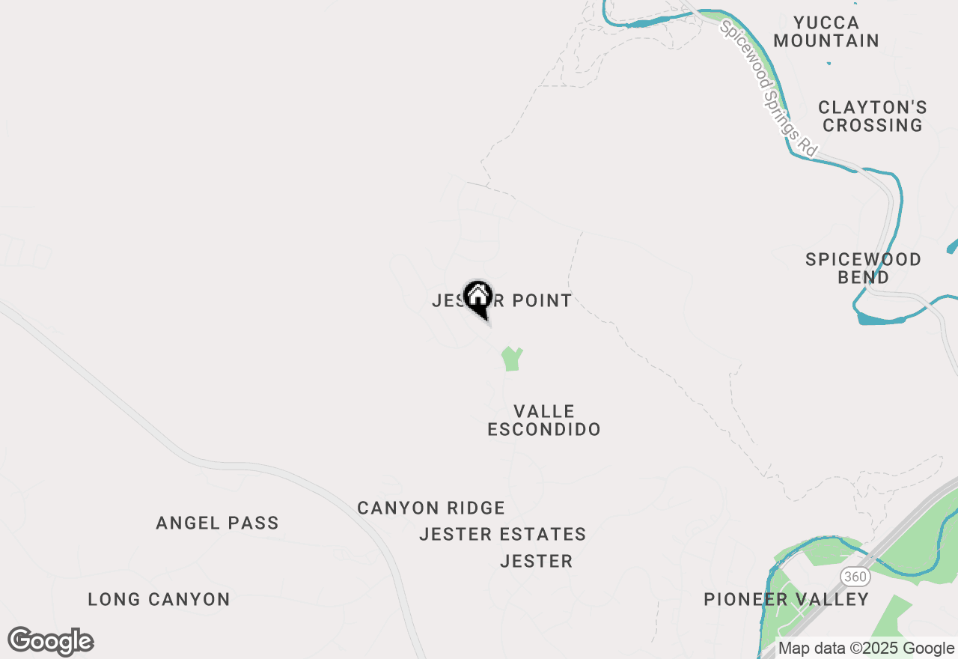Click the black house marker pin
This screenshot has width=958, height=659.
click(478, 298)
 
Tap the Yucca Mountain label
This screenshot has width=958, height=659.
click(826, 31)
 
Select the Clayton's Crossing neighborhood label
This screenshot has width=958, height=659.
click(873, 116)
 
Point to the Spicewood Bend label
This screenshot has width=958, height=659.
click(863, 268)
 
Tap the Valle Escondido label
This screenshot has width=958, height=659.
click(544, 420)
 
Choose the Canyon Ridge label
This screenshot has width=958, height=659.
click(431, 508)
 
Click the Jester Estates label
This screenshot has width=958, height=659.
click(502, 534)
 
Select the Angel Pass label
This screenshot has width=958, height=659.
click(217, 523)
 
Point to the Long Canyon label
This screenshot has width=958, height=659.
click(159, 599)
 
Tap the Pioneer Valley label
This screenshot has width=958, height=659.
click(787, 599)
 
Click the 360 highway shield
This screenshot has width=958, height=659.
click(853, 576)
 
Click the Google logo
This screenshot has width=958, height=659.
click(50, 641)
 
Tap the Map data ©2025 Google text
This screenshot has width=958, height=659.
click(866, 649)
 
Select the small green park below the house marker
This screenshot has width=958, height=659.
click(511, 359)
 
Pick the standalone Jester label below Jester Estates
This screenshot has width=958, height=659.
click(536, 561)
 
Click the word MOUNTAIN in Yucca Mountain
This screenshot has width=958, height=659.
click(826, 40)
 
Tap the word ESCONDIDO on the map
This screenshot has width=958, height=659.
click(544, 429)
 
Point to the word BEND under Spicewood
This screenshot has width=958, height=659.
click(863, 277)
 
